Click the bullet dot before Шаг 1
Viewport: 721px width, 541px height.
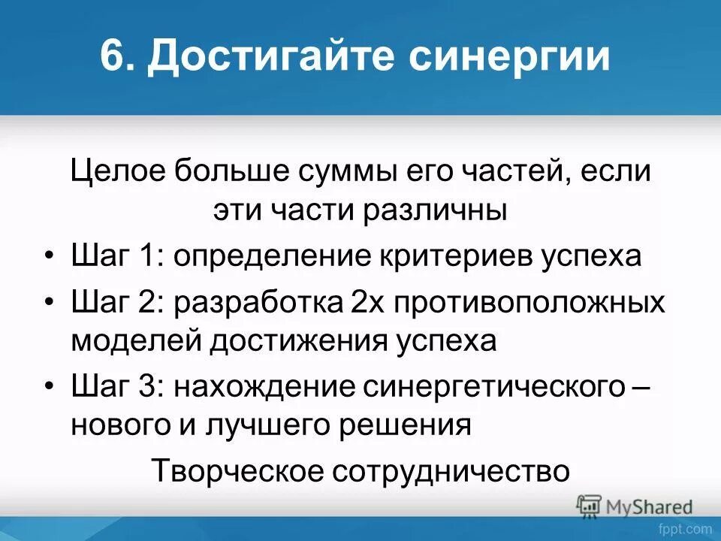point(49,257)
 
